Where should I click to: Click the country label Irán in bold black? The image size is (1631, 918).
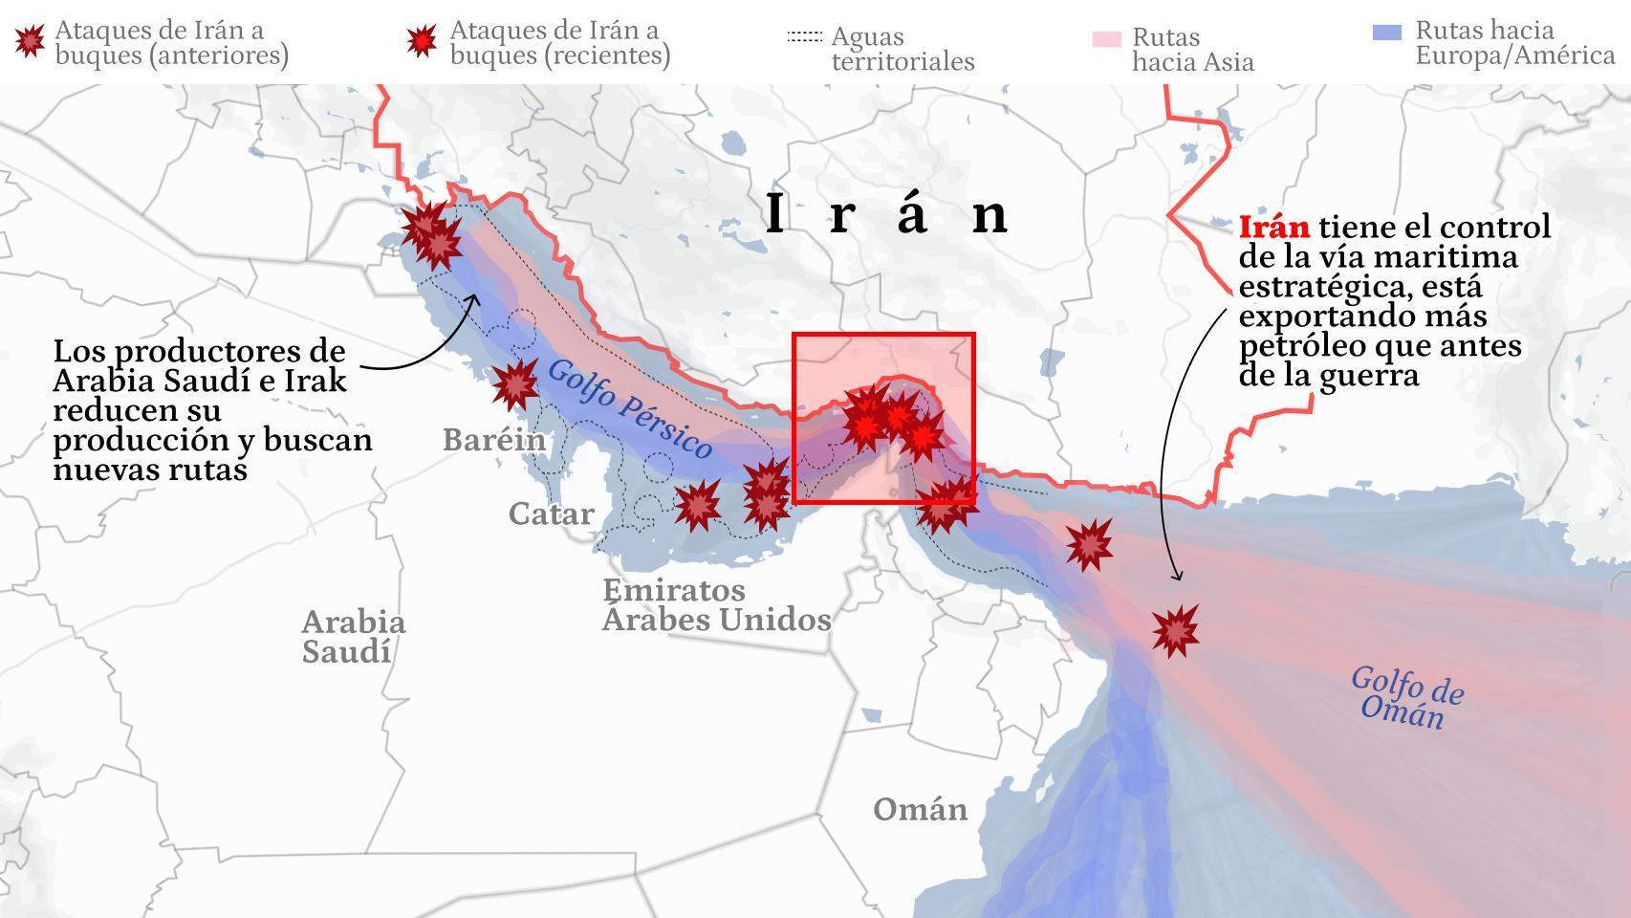pyautogui.click(x=886, y=213)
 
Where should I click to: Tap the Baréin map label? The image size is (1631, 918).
pyautogui.click(x=494, y=440)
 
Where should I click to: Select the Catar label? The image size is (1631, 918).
pyautogui.click(x=551, y=514)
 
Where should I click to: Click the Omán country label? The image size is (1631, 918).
pyautogui.click(x=920, y=810)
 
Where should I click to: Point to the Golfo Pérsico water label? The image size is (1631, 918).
pyautogui.click(x=630, y=409)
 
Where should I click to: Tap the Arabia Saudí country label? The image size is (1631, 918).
pyautogui.click(x=353, y=637)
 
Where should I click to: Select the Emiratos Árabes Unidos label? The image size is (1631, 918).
pyautogui.click(x=715, y=604)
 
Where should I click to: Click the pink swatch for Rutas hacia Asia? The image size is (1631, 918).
pyautogui.click(x=1106, y=39)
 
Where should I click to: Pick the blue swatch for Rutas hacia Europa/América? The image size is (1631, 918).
pyautogui.click(x=1386, y=33)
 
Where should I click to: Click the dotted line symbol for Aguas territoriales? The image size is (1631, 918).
pyautogui.click(x=804, y=37)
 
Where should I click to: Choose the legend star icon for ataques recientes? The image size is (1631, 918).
pyautogui.click(x=421, y=40)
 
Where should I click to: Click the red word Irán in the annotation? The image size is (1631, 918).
pyautogui.click(x=1273, y=228)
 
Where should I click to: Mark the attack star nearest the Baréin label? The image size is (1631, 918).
pyautogui.click(x=515, y=384)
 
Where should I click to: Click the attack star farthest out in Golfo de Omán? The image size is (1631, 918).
pyautogui.click(x=1175, y=630)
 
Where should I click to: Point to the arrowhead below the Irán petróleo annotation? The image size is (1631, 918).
pyautogui.click(x=1177, y=576)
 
